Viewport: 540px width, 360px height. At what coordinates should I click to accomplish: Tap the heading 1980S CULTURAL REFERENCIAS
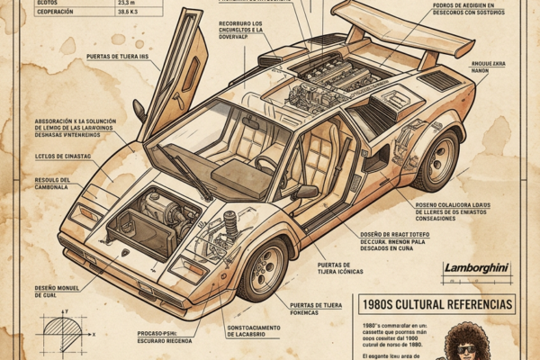[x=436, y=304]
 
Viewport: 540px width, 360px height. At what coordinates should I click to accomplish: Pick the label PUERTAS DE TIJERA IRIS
[x=123, y=57]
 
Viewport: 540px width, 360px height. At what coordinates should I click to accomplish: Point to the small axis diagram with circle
[x=63, y=333]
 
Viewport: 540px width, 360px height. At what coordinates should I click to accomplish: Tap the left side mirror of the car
[x=140, y=110]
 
